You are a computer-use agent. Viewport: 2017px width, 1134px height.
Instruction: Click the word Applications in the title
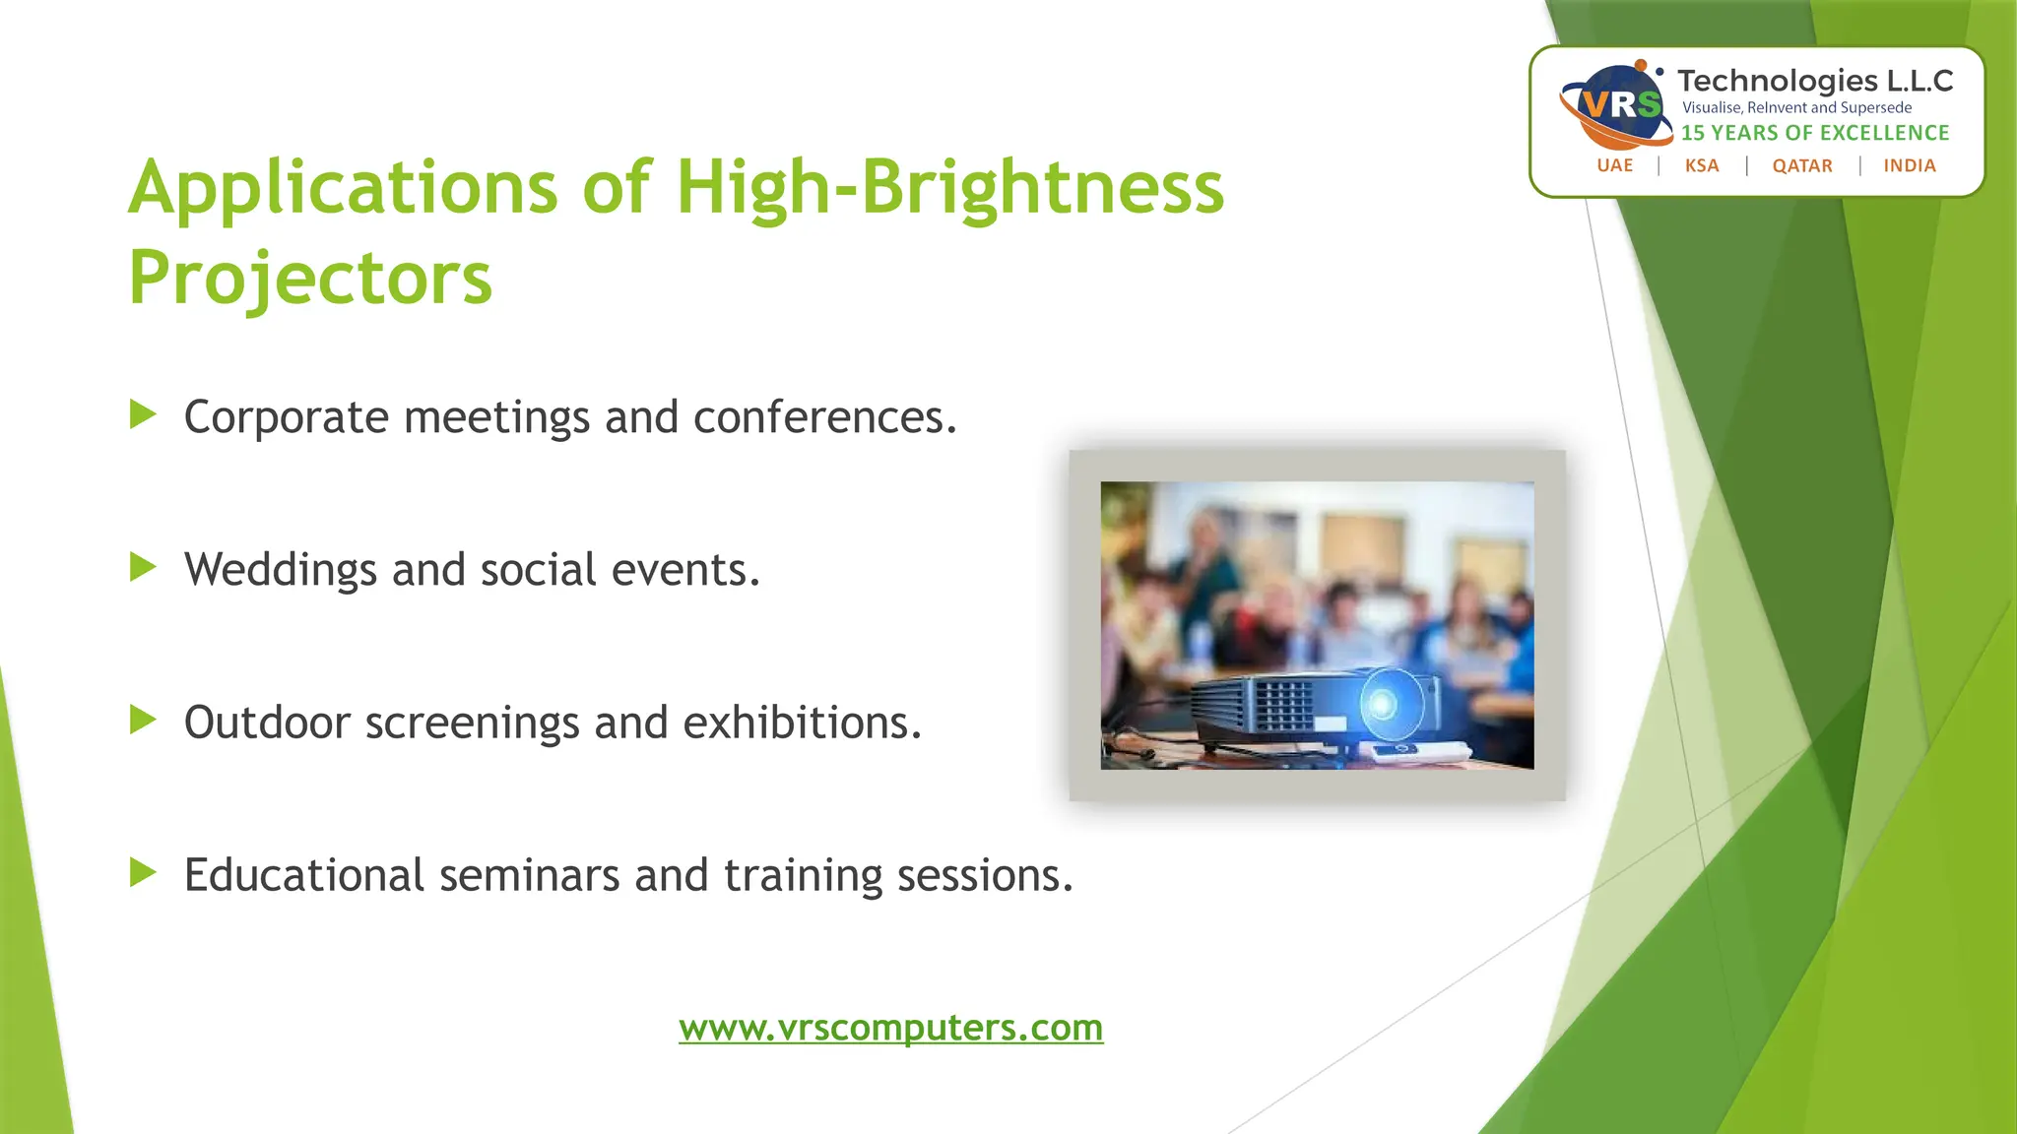coord(343,189)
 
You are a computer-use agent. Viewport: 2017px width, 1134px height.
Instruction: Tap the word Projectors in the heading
coord(310,278)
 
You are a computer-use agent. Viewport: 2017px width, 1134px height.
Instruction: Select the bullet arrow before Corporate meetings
coord(143,415)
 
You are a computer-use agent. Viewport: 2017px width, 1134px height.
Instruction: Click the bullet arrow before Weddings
coord(143,568)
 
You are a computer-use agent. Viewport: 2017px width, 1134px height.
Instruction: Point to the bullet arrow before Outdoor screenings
coord(143,721)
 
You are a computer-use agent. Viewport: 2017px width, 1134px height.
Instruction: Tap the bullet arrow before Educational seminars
coord(143,873)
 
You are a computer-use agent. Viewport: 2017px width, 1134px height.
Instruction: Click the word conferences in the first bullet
coord(824,417)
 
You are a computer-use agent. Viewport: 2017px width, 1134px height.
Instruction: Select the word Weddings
coord(280,571)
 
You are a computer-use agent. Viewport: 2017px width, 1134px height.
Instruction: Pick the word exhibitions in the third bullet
coord(802,723)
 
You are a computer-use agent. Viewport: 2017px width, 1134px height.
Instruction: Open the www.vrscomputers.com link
coord(890,1028)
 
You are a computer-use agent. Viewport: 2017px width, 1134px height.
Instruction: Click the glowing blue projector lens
coord(1383,703)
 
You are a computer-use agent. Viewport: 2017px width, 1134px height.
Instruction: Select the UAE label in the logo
coord(1614,165)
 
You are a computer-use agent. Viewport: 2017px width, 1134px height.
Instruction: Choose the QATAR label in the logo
coord(1802,165)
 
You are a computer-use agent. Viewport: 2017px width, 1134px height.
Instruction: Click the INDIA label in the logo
coord(1910,165)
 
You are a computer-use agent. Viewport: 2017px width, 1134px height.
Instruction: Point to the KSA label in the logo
coord(1702,165)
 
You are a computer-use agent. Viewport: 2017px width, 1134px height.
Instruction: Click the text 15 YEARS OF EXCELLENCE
coord(1815,133)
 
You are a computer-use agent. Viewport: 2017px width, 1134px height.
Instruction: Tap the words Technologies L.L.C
coord(1815,81)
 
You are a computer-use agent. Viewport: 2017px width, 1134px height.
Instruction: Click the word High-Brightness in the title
coord(949,187)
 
